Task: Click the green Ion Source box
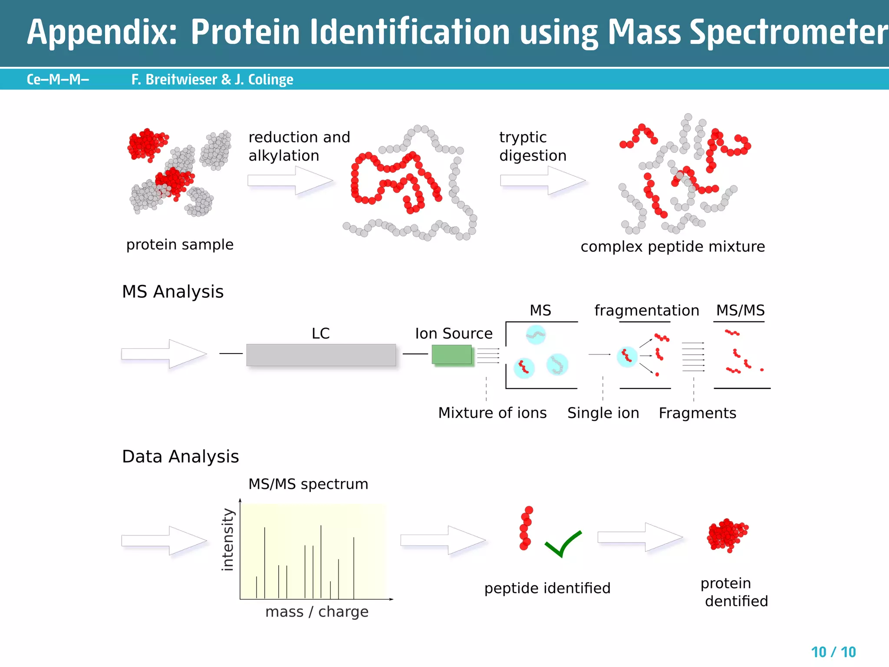(451, 354)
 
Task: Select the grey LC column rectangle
(321, 355)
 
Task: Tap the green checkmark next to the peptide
(563, 544)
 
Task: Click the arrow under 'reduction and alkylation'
(290, 180)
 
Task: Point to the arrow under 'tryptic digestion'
(543, 180)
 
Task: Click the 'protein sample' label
(180, 244)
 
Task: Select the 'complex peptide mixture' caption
(672, 247)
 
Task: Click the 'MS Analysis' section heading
(173, 291)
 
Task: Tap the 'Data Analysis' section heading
(180, 456)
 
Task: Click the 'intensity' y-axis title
(227, 539)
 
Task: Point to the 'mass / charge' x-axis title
(317, 611)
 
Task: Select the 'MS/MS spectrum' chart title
(308, 484)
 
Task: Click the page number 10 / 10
(833, 652)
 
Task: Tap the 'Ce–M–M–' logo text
(58, 79)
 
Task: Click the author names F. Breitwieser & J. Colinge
(212, 79)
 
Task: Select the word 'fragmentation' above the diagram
(646, 310)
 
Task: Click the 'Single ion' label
(603, 413)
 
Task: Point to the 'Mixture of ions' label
(492, 413)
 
